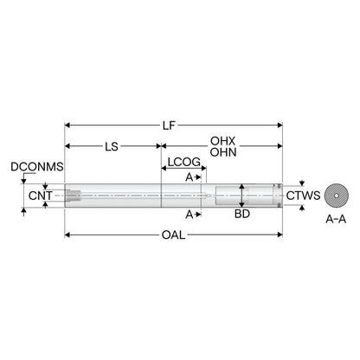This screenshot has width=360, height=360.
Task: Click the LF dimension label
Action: (169, 125)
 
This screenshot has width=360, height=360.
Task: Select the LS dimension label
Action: (112, 146)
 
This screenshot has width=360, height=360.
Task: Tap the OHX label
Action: (223, 141)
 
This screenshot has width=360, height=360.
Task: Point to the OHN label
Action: (223, 152)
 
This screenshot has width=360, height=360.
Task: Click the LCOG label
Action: (184, 162)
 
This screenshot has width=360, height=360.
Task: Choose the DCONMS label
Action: (37, 167)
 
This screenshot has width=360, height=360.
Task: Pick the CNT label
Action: (41, 196)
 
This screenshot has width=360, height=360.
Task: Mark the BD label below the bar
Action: (242, 214)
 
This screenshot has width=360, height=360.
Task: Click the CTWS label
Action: (303, 196)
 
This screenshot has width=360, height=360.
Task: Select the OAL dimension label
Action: (173, 235)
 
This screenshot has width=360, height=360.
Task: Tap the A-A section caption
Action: (336, 220)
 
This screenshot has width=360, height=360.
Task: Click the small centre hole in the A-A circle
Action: (337, 196)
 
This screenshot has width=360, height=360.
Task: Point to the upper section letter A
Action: (189, 177)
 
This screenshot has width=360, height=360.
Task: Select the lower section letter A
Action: (190, 215)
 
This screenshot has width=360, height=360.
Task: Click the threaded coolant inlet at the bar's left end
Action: (74, 196)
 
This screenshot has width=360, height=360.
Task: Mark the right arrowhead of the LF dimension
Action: (280, 125)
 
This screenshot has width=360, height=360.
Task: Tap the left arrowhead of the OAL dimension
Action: (67, 235)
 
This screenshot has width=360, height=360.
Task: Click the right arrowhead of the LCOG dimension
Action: (203, 168)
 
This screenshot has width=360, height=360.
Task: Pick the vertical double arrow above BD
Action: (242, 196)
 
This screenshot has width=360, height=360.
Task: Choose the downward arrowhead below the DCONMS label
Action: (24, 181)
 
